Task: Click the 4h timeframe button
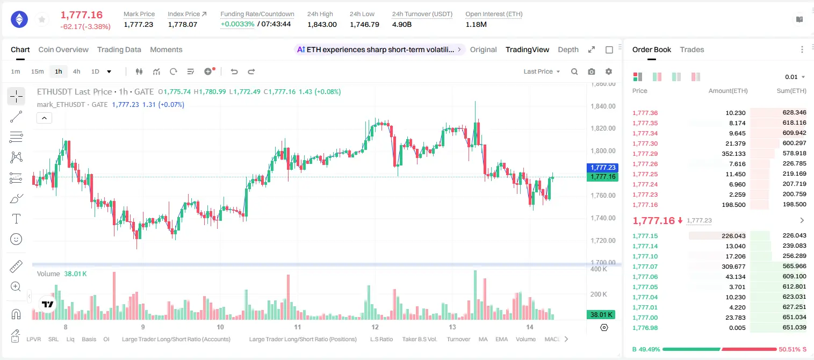point(76,71)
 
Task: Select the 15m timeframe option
point(37,71)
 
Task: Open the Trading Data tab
point(119,50)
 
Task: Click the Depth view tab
point(568,50)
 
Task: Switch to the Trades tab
point(692,50)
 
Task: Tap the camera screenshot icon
point(592,71)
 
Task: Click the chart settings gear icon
point(609,71)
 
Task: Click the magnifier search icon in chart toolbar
point(574,71)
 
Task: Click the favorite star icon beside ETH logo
point(42,19)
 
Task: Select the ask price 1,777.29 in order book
point(645,154)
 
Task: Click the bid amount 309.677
point(733,267)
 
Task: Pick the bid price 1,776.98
point(645,328)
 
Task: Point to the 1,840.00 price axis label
point(603,106)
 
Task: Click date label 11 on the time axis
point(297,327)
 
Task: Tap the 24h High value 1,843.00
point(322,24)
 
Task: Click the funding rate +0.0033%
point(237,24)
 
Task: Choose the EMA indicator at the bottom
point(501,339)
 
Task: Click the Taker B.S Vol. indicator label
point(419,339)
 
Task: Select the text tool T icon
point(16,219)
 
